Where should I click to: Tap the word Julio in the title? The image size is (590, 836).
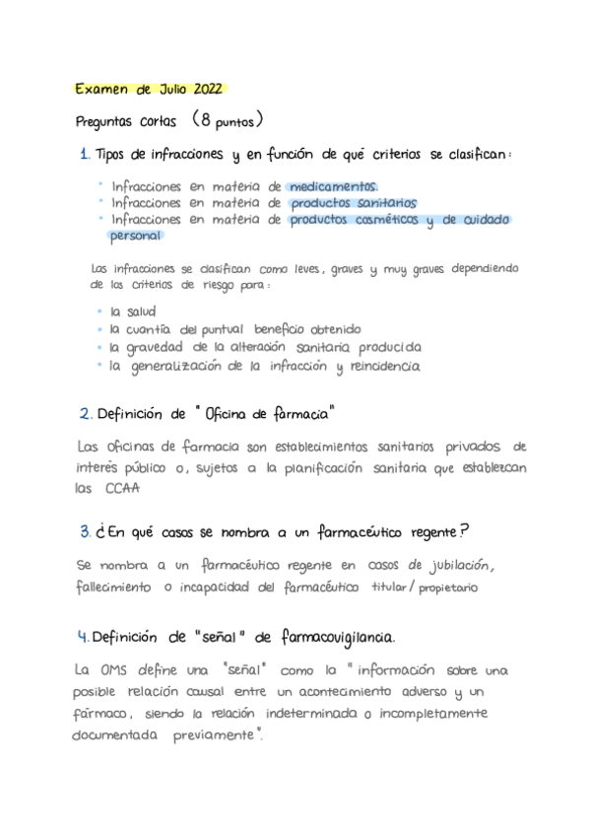(x=164, y=89)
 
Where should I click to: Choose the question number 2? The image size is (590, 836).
(x=85, y=413)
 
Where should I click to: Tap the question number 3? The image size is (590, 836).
(x=86, y=532)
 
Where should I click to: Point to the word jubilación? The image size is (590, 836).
(x=455, y=565)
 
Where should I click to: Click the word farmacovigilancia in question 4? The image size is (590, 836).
(x=337, y=636)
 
